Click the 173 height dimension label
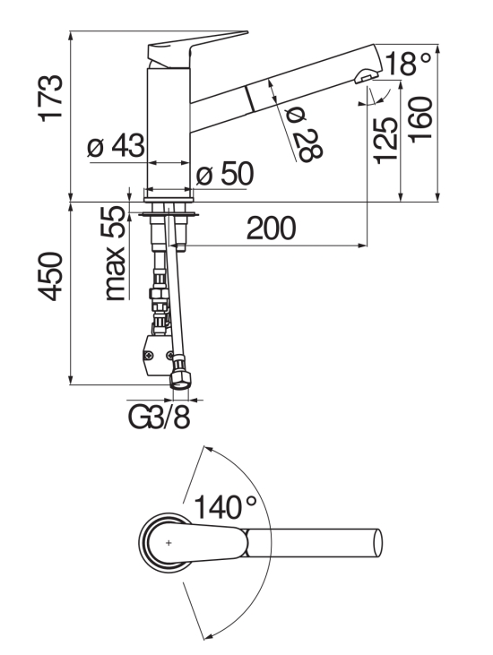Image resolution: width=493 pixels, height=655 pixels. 51,99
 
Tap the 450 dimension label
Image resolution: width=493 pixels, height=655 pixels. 51,276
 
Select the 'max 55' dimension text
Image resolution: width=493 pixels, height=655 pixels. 114,254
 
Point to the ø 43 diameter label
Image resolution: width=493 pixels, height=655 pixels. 117,146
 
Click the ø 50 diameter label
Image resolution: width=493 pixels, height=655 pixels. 225,173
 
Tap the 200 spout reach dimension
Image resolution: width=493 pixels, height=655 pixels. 271,228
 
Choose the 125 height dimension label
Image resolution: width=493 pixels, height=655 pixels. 385,141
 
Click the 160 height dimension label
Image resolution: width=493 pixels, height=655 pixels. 419,120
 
